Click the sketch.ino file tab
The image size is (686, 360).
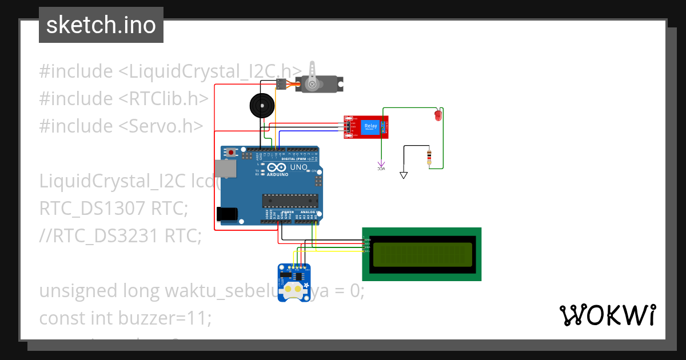coord(101,25)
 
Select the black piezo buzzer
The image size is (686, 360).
coord(262,106)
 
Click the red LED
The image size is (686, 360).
coord(438,115)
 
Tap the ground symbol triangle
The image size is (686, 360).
coord(404,175)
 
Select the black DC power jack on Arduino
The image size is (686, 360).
coord(227,214)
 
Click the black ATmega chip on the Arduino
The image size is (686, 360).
coord(289,200)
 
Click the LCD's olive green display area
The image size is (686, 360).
coord(422,254)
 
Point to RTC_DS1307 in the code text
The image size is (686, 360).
coord(92,209)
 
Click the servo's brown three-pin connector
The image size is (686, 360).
coord(281,84)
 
